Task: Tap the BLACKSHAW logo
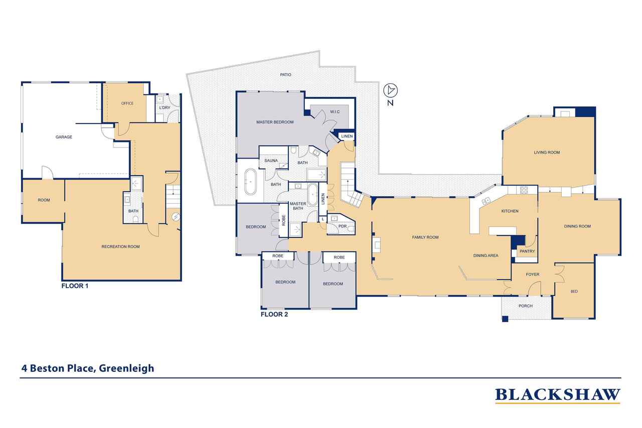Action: (557, 395)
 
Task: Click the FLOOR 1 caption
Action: (75, 286)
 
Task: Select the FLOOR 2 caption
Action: (274, 314)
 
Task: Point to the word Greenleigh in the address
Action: (126, 368)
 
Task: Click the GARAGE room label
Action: (64, 137)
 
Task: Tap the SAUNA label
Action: (271, 161)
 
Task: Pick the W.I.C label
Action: (335, 111)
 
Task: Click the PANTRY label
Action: (527, 251)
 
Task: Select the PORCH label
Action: (526, 306)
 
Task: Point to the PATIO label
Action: (285, 75)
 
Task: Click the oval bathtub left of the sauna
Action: (250, 182)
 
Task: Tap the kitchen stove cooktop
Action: (524, 190)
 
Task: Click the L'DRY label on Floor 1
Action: (165, 107)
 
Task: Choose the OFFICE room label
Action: (127, 103)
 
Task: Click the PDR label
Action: (343, 226)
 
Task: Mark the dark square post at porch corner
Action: (505, 319)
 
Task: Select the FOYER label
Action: (533, 274)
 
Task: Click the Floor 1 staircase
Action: (173, 197)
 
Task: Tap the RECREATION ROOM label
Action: (120, 246)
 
